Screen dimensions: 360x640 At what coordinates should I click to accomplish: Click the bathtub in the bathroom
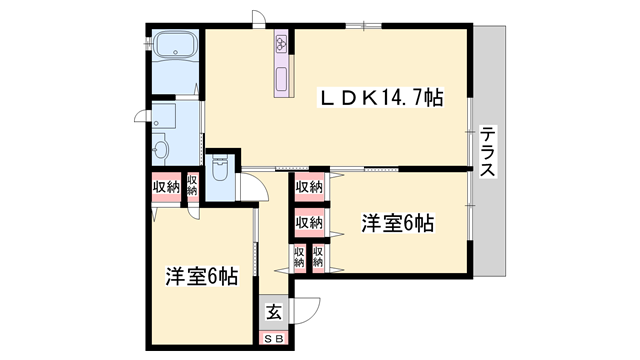(x=176, y=47)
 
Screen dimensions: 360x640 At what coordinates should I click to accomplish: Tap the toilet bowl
(x=222, y=165)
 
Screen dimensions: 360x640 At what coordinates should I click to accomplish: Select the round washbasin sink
(x=161, y=150)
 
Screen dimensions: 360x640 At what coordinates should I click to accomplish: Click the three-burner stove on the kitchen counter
(x=281, y=44)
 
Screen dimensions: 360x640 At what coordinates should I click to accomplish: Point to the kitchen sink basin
(x=281, y=79)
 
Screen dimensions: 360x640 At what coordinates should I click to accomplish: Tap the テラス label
(x=487, y=151)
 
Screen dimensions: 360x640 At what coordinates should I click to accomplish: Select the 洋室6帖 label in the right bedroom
(x=397, y=223)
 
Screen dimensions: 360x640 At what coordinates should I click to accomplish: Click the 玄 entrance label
(x=273, y=312)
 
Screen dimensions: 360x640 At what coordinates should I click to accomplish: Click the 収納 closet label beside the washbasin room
(x=166, y=187)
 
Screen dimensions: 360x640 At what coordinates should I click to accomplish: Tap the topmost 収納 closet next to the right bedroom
(x=309, y=186)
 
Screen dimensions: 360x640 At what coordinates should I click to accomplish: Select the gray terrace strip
(x=487, y=150)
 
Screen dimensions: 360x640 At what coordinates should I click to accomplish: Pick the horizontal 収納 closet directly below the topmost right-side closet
(x=309, y=221)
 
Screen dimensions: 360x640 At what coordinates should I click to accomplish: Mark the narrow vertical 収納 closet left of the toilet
(x=192, y=187)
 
